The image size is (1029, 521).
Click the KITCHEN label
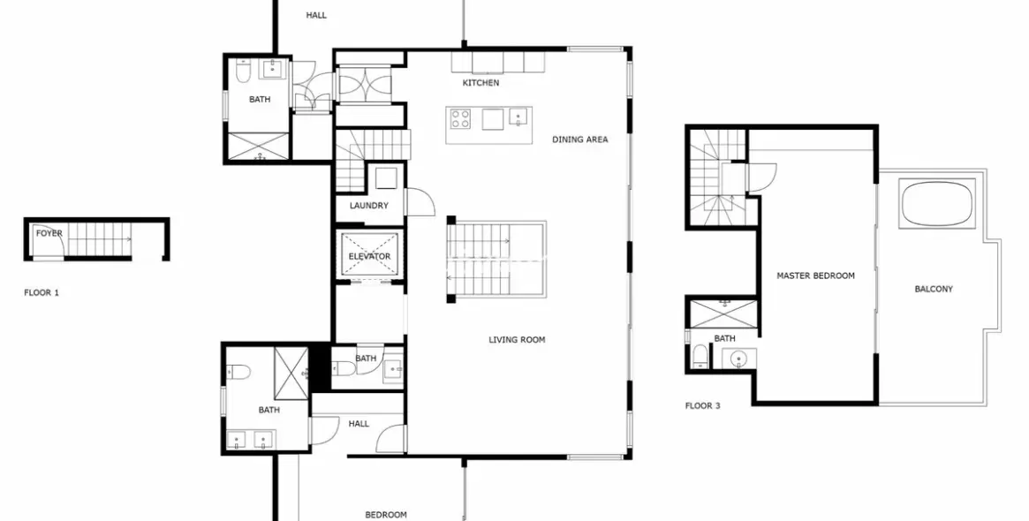pyautogui.click(x=480, y=83)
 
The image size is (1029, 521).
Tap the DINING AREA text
pyautogui.click(x=579, y=140)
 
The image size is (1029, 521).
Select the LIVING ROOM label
pyautogui.click(x=517, y=340)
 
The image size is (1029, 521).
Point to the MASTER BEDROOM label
pyautogui.click(x=815, y=276)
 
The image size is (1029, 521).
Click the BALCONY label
pyautogui.click(x=934, y=290)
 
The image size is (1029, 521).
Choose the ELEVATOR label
pyautogui.click(x=368, y=257)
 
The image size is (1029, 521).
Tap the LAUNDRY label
pyautogui.click(x=368, y=207)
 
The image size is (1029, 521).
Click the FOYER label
pyautogui.click(x=49, y=234)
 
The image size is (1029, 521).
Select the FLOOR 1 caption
pyautogui.click(x=42, y=292)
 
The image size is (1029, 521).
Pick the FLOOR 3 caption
pyautogui.click(x=703, y=407)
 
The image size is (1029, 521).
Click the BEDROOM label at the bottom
pyautogui.click(x=386, y=515)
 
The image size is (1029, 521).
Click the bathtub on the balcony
pyautogui.click(x=937, y=204)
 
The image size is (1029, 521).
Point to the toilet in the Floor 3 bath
pyautogui.click(x=700, y=356)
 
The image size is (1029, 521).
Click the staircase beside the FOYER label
pyautogui.click(x=99, y=238)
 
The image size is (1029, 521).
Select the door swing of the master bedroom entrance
pyautogui.click(x=760, y=177)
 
